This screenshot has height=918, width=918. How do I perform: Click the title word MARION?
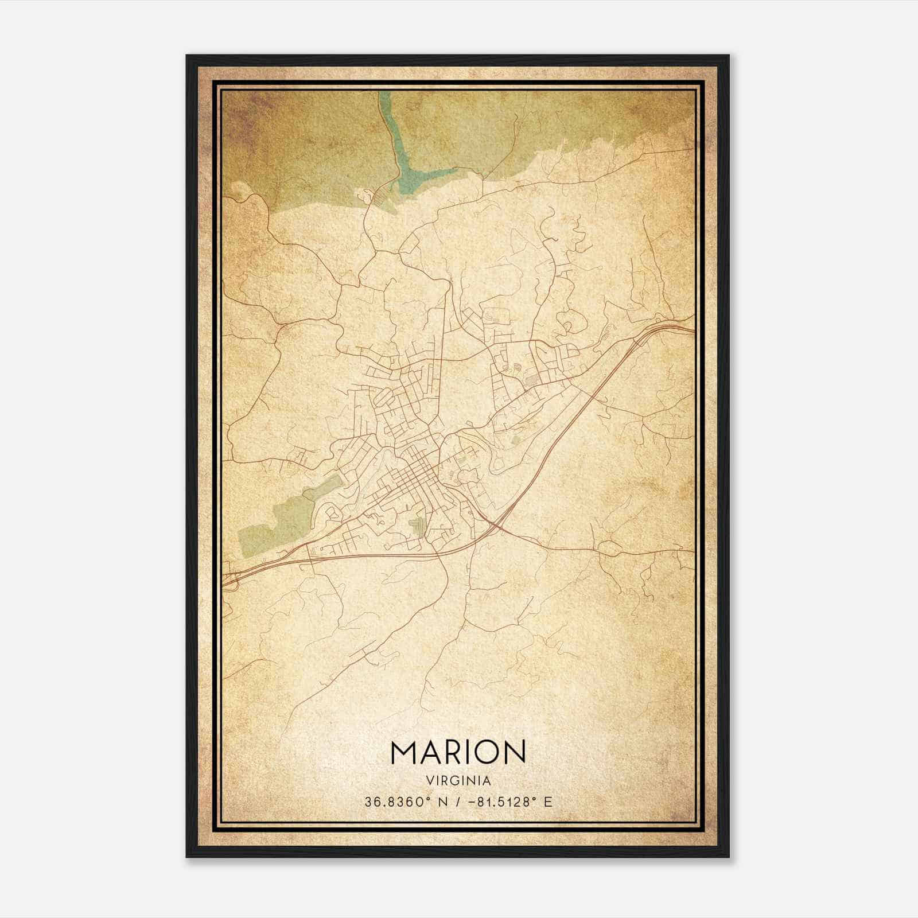[458, 752]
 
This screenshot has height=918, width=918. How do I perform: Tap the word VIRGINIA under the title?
[458, 781]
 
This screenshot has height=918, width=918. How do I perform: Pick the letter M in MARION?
[403, 752]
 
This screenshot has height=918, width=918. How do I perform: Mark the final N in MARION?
[515, 752]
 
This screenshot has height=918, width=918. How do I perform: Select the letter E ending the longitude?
[549, 802]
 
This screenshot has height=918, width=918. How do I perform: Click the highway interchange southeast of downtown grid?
[496, 523]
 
